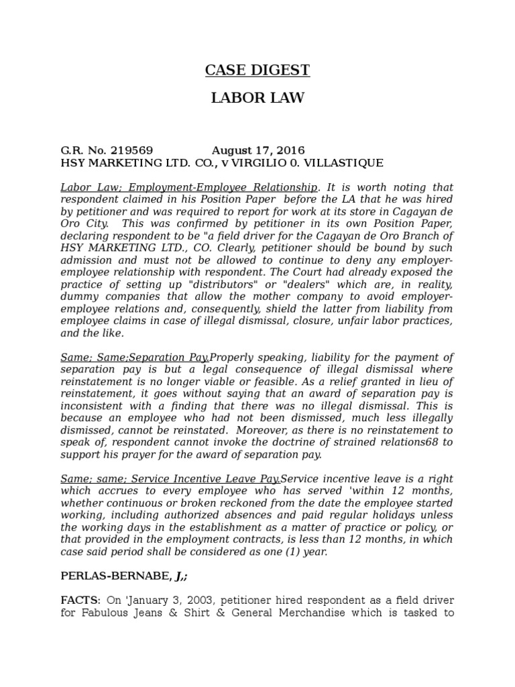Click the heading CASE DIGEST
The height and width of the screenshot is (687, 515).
tap(257, 70)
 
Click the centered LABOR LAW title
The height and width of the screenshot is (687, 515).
tap(257, 99)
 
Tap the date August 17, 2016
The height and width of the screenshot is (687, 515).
tap(258, 150)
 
